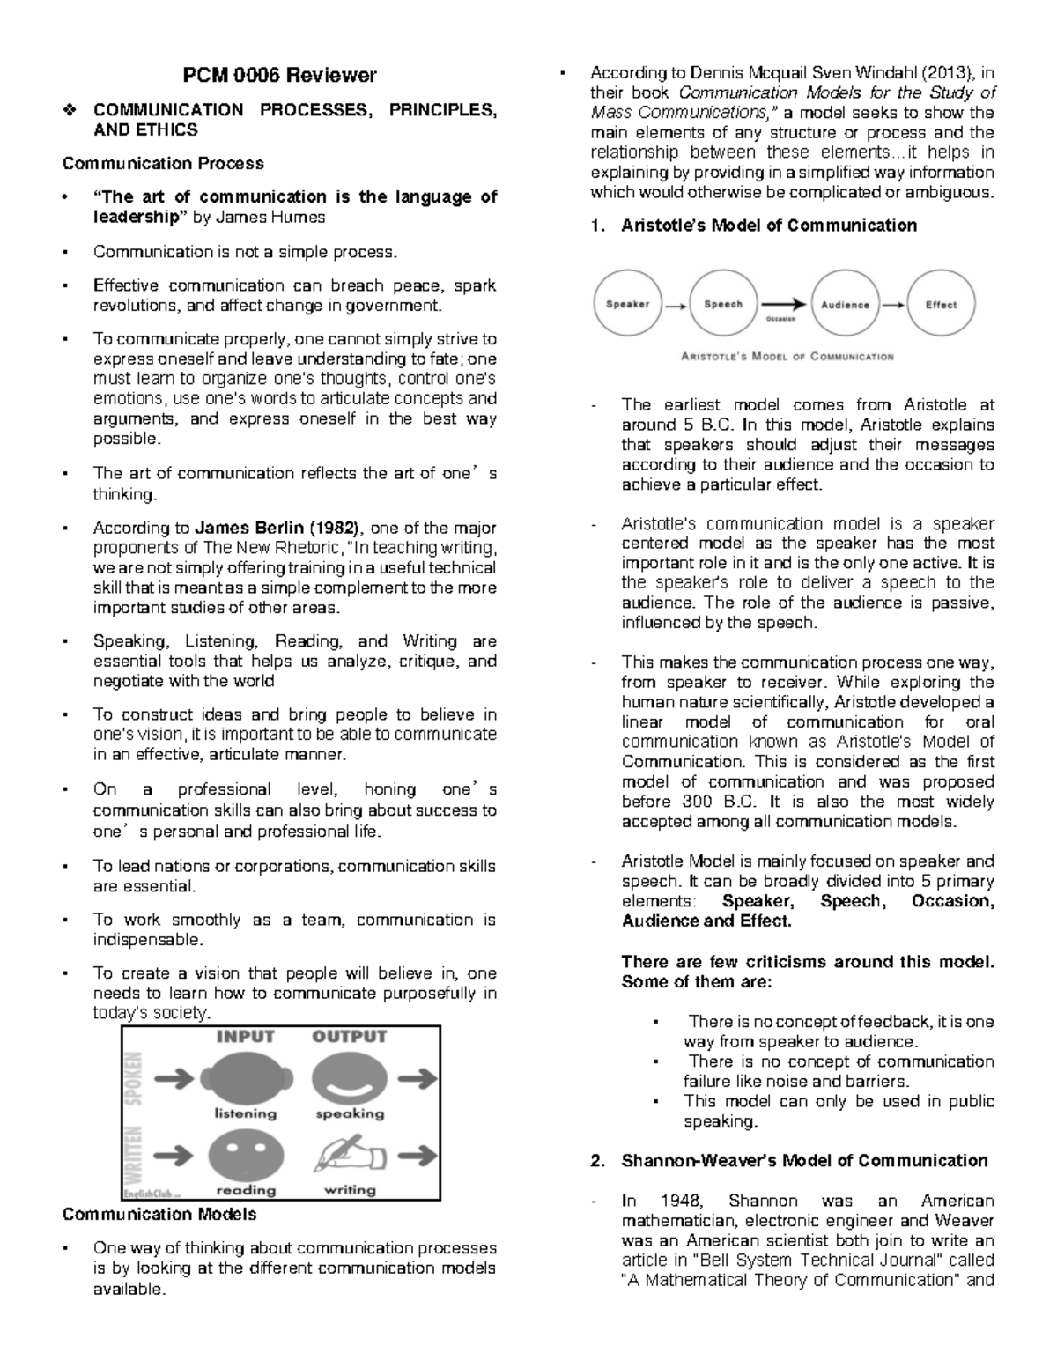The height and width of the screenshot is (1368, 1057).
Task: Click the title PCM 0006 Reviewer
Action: [x=279, y=76]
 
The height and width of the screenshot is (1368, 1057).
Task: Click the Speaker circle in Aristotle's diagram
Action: [x=627, y=305]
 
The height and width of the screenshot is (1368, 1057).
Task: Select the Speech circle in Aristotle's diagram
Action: [x=722, y=305]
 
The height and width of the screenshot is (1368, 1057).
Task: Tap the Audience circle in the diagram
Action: [x=845, y=305]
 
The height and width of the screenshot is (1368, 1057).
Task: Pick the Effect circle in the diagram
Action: [x=940, y=305]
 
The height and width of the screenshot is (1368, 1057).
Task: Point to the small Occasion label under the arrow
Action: [x=780, y=320]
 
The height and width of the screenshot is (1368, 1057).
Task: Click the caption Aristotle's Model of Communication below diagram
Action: [x=787, y=357]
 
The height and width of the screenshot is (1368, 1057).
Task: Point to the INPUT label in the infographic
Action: [x=245, y=1037]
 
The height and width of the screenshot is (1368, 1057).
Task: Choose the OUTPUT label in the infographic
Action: [x=350, y=1037]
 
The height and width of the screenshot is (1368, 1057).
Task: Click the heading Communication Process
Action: [x=163, y=163]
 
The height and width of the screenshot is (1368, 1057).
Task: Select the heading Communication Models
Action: [x=159, y=1214]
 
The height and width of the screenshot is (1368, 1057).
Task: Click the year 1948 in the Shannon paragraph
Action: [x=681, y=1201]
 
